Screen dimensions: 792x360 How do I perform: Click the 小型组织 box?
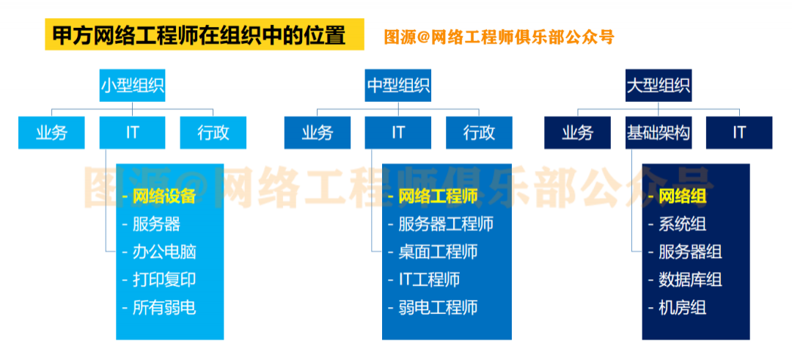[x=133, y=86]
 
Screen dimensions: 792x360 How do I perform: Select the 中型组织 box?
[x=398, y=86]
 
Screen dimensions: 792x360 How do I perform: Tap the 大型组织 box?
[x=658, y=86]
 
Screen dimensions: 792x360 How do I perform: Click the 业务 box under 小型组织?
[x=51, y=133]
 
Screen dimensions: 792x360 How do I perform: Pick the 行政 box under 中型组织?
[x=479, y=133]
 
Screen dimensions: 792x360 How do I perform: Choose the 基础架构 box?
[x=658, y=133]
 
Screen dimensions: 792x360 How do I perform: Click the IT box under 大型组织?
[x=738, y=133]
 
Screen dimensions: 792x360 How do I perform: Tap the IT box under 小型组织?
[x=133, y=133]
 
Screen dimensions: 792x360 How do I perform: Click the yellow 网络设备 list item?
[x=164, y=196]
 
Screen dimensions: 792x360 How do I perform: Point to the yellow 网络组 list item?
[x=682, y=196]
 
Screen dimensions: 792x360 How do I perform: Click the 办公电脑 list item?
[x=164, y=251]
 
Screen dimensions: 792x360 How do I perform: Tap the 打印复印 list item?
[x=164, y=279]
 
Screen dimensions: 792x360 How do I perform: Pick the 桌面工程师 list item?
[x=437, y=251]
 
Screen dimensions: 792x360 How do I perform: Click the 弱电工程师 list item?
[x=437, y=307]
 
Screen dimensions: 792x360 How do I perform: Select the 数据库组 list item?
[x=689, y=279]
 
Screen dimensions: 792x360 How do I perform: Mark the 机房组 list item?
[x=682, y=307]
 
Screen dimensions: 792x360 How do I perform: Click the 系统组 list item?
[x=682, y=224]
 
